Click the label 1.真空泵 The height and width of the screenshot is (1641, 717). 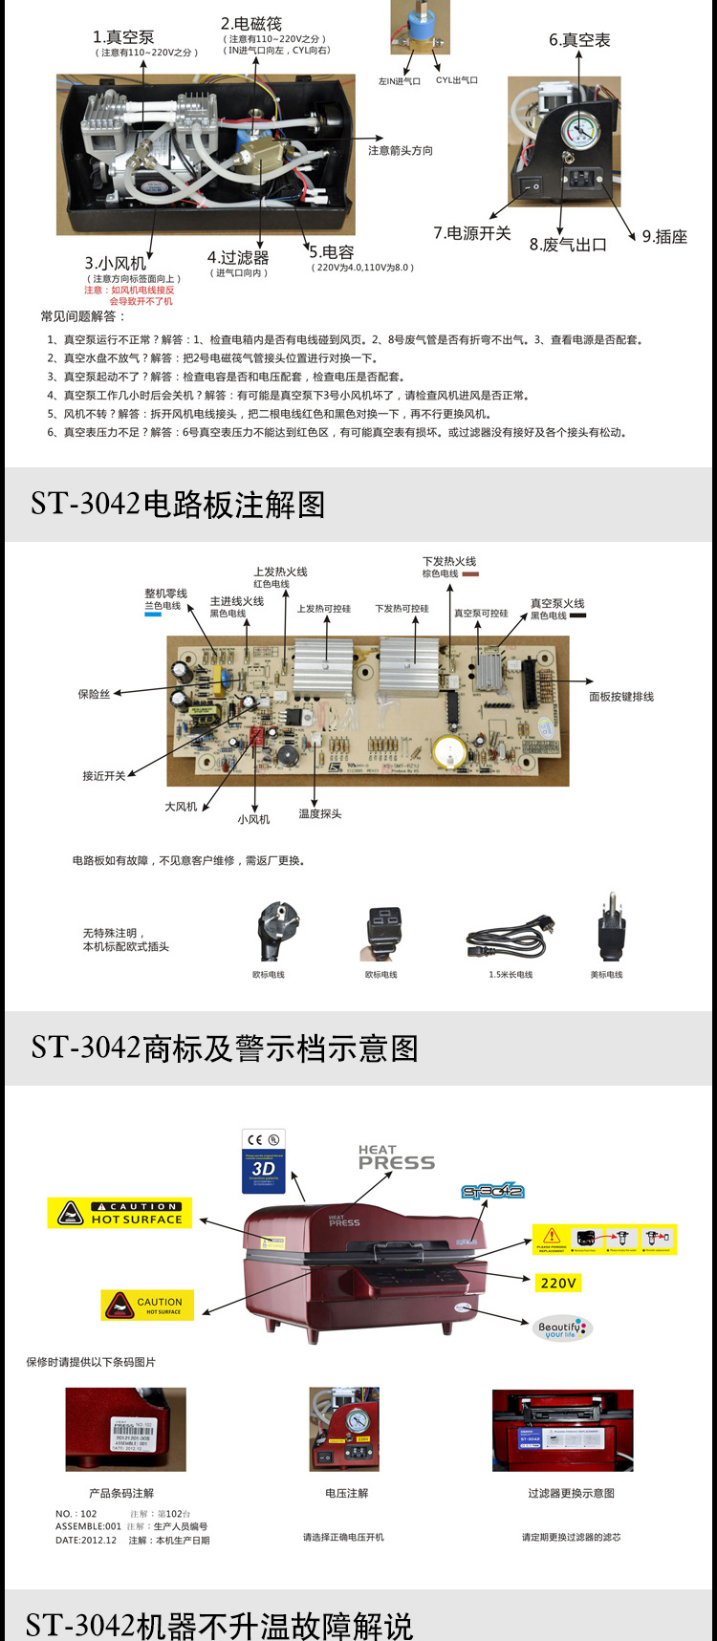123,37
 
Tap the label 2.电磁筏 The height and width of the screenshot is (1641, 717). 251,24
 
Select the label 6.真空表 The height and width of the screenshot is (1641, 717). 579,40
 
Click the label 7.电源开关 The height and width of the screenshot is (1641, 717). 472,233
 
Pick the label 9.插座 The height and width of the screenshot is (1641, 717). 664,237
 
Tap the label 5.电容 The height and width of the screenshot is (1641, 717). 332,252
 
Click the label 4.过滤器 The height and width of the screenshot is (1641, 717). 238,258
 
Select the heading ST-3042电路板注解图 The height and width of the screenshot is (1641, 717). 178,504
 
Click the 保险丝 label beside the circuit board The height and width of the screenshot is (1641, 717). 94,695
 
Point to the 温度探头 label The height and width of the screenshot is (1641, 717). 319,814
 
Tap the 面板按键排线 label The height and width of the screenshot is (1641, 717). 621,697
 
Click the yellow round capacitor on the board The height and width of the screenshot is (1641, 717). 448,751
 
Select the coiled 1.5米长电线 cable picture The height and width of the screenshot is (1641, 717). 510,938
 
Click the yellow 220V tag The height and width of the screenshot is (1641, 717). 558,1283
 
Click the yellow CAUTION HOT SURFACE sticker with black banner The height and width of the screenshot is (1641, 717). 120,1213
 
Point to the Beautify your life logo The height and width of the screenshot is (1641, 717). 562,1328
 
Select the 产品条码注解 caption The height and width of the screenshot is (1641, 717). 121,1493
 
